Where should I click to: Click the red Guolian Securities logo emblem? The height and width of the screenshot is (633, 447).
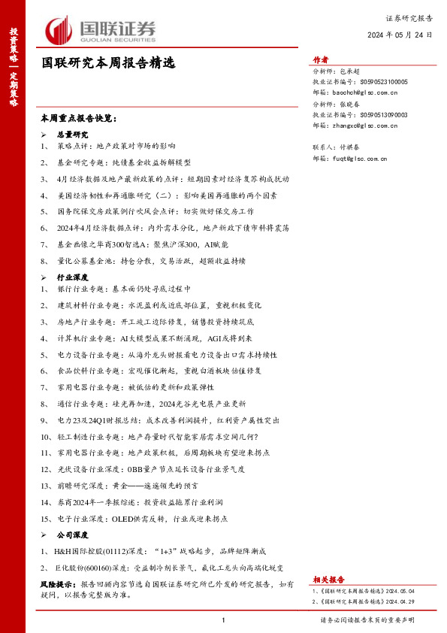[59, 30]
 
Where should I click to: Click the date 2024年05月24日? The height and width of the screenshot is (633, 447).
[400, 35]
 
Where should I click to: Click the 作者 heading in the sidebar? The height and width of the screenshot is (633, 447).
[320, 61]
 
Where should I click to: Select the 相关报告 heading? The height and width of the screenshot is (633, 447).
[328, 580]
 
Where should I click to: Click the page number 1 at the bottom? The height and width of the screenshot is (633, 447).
[224, 620]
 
